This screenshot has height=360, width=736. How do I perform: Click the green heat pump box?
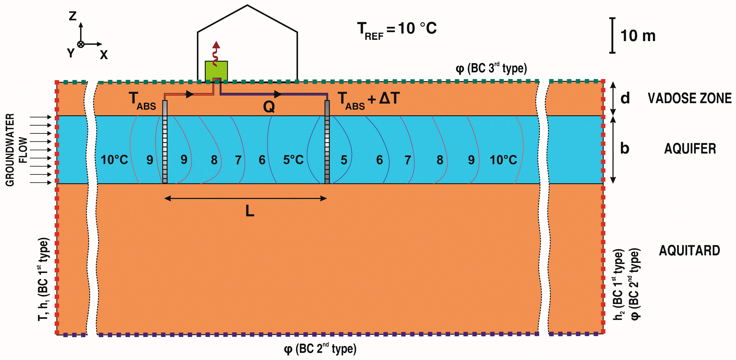pyautogui.click(x=216, y=70)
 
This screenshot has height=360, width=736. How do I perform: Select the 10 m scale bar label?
pyautogui.click(x=638, y=36)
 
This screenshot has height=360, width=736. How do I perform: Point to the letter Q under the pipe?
pyautogui.click(x=269, y=107)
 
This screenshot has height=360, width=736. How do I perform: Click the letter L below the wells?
pyautogui.click(x=250, y=211)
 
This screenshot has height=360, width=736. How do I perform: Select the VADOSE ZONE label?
pyautogui.click(x=689, y=98)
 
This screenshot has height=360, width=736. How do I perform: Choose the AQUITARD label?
pyautogui.click(x=689, y=251)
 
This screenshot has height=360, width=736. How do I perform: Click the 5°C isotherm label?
pyautogui.click(x=293, y=160)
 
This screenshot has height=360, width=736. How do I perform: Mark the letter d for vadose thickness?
pyautogui.click(x=625, y=98)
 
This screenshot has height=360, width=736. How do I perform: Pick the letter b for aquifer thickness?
pyautogui.click(x=625, y=148)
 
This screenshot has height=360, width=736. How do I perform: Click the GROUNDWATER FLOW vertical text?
pyautogui.click(x=16, y=150)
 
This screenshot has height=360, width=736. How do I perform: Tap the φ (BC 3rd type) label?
pyautogui.click(x=491, y=69)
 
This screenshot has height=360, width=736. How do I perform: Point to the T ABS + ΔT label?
pyautogui.click(x=369, y=100)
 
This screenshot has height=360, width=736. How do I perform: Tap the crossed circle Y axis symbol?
pyautogui.click(x=81, y=44)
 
